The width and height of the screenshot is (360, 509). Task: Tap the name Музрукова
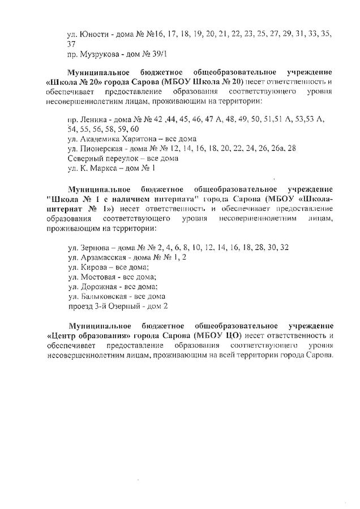coord(103,55)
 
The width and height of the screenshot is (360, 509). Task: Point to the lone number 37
coord(71,44)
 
